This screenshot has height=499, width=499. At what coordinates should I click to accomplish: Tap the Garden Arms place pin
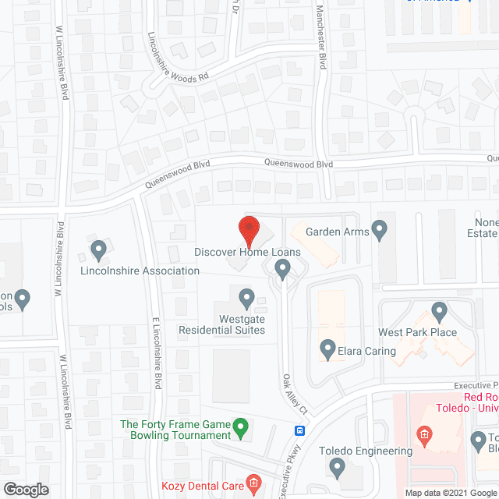(x=380, y=230)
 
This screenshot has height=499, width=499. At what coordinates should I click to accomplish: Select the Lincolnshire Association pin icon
(x=98, y=250)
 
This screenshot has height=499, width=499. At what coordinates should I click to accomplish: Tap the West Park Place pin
(x=439, y=313)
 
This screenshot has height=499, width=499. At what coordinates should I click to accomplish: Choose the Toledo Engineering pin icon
(x=337, y=467)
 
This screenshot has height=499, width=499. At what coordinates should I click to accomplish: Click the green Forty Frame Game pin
(x=241, y=426)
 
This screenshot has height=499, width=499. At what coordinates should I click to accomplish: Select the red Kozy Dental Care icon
(x=253, y=484)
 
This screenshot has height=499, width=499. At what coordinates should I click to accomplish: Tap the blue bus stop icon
(x=299, y=430)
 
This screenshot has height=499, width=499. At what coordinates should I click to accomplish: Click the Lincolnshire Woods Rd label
(x=179, y=59)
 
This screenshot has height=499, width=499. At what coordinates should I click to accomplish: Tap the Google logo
(x=26, y=489)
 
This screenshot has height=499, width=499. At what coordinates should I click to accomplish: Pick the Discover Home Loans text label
(x=247, y=253)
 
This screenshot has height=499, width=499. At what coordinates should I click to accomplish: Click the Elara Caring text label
(x=368, y=351)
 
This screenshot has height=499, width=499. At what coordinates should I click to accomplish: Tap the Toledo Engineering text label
(x=366, y=451)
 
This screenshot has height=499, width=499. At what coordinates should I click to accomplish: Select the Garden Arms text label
(x=336, y=232)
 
